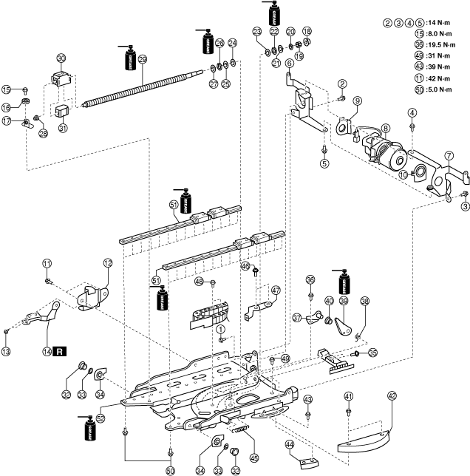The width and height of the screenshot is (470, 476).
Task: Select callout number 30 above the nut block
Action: [x=61, y=58]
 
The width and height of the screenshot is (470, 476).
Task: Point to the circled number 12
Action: [x=107, y=262]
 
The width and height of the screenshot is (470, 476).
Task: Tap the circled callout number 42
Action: [x=392, y=395]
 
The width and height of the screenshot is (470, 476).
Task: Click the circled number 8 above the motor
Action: [x=385, y=127]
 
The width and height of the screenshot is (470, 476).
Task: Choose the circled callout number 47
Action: [x=276, y=290]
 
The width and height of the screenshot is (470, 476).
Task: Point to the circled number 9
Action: [x=356, y=101]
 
